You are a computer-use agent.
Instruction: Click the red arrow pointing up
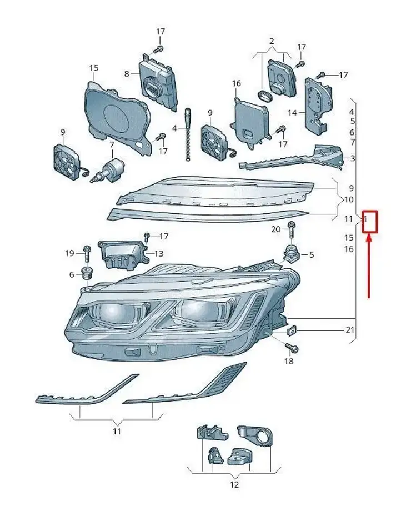[369, 267]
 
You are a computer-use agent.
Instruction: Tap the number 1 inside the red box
[365, 220]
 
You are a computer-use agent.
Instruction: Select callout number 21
[350, 330]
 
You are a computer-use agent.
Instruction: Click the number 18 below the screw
[289, 361]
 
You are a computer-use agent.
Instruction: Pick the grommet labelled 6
[87, 274]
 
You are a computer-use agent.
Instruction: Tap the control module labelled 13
[123, 254]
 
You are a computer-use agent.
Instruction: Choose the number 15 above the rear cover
[93, 68]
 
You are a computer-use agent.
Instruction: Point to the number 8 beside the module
[127, 74]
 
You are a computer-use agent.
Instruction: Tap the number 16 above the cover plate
[236, 83]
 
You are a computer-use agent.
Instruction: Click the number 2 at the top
[272, 41]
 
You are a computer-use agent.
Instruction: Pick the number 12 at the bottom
[234, 484]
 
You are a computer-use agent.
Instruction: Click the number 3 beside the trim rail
[352, 158]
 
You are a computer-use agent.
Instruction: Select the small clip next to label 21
[292, 330]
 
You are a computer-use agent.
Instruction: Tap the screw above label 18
[292, 348]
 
